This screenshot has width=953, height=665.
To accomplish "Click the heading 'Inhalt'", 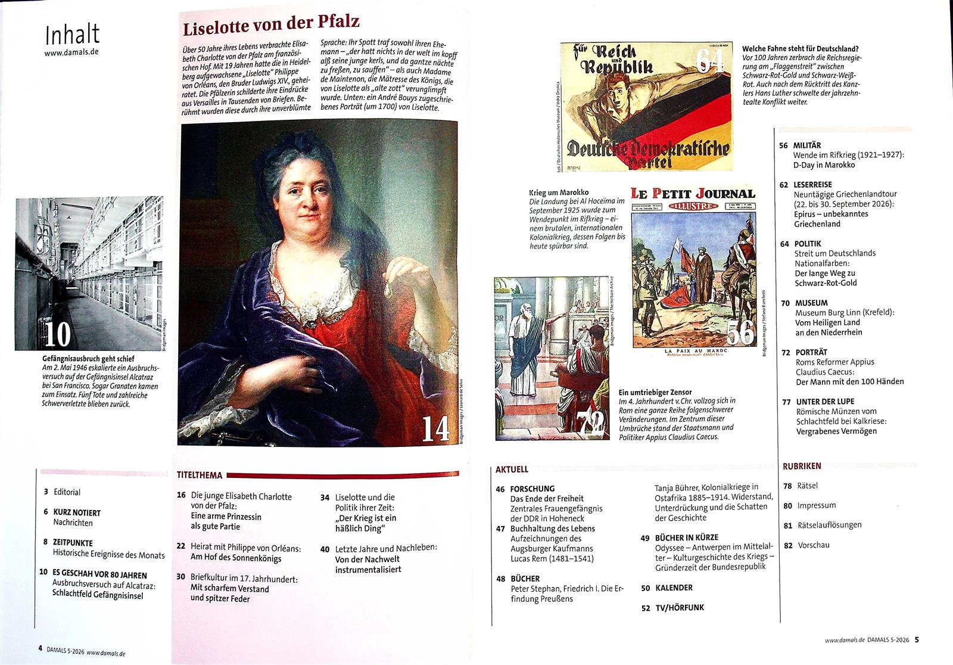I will pyautogui.click(x=72, y=35).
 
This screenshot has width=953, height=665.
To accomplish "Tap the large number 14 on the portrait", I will pyautogui.click(x=435, y=428).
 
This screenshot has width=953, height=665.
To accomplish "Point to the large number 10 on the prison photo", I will pyautogui.click(x=57, y=334).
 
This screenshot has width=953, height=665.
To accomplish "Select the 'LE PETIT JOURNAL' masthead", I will pyautogui.click(x=693, y=194).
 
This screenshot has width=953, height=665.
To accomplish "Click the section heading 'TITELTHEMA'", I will pyautogui.click(x=200, y=476).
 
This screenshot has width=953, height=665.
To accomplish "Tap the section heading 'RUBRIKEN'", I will pyautogui.click(x=802, y=466).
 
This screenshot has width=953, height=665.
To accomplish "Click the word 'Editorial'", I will pyautogui.click(x=67, y=492).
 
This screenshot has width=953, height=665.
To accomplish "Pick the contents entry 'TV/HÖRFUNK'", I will pyautogui.click(x=680, y=607).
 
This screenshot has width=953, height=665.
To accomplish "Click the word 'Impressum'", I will pyautogui.click(x=817, y=505).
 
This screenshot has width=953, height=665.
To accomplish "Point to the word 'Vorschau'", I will pyautogui.click(x=814, y=545).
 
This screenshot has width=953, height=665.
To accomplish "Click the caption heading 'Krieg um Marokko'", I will pyautogui.click(x=559, y=192).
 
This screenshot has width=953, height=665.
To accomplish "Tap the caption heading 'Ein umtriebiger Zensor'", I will pyautogui.click(x=655, y=392).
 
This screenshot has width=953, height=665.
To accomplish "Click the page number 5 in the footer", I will pyautogui.click(x=917, y=640).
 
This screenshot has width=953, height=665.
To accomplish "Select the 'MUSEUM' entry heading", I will pyautogui.click(x=811, y=303).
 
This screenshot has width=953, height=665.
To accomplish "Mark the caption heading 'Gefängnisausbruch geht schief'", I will pyautogui.click(x=88, y=359).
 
